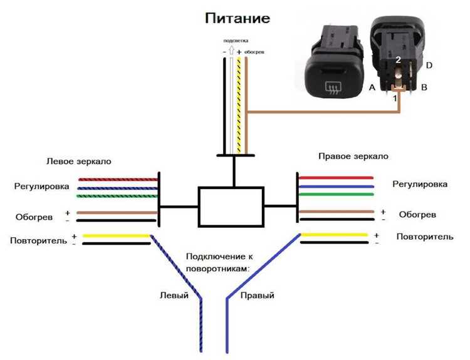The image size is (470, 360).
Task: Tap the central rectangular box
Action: pos(231,206)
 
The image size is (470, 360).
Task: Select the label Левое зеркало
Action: pos(79,161)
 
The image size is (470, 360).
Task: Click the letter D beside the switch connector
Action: pos(429,65)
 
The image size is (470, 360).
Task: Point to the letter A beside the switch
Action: pos(372,88)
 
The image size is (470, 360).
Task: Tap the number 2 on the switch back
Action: pos(398,59)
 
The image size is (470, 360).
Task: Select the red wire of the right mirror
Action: pos(337,178)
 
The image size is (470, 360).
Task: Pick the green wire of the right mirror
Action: pos(337,195)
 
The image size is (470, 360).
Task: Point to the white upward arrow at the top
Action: pos(231,52)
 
